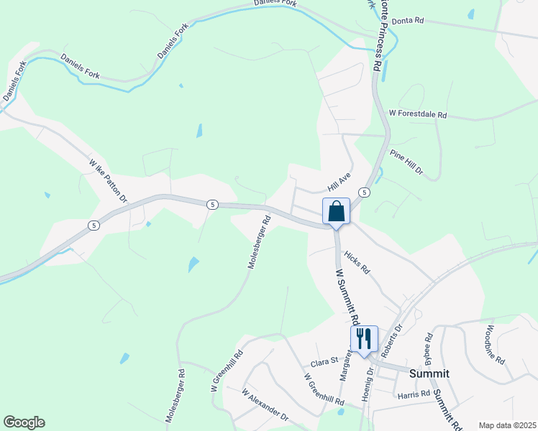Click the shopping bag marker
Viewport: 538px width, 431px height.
point(336,212)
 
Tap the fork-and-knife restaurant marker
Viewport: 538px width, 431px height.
point(363,339)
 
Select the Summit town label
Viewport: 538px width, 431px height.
point(429,374)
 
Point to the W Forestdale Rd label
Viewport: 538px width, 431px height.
point(418,114)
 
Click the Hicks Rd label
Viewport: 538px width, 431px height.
point(356,263)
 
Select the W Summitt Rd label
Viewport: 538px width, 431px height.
point(347,295)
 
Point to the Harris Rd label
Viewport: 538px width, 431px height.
point(413,394)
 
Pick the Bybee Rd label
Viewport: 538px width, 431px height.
point(428,346)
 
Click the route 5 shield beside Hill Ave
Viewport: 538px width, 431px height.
point(365,193)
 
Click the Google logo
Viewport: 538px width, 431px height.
point(24,422)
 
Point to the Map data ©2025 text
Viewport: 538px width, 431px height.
point(506,425)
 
